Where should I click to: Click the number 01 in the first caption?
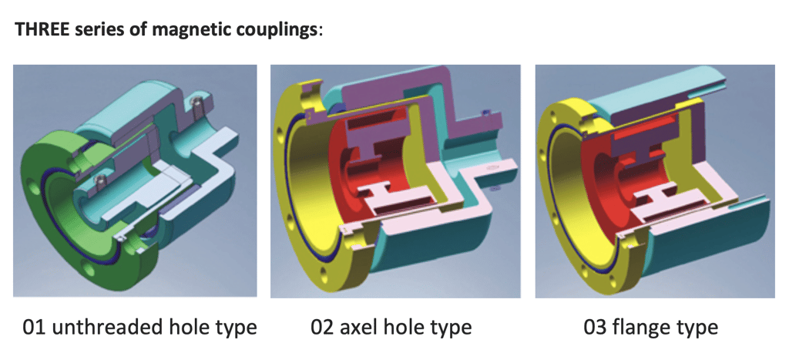click(x=34, y=328)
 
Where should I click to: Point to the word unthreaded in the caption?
click(x=102, y=328)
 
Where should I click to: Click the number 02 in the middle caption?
click(x=322, y=328)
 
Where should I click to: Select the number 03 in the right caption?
click(x=596, y=328)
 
